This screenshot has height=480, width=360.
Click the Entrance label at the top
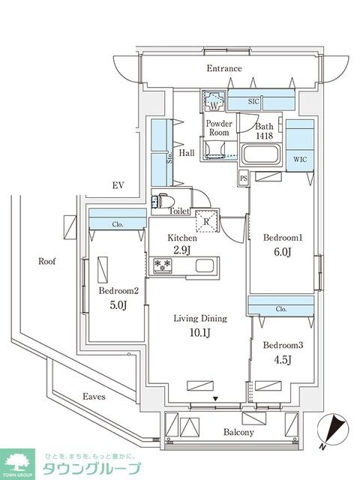pos(224,69)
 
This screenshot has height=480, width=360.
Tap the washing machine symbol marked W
pos(212,101)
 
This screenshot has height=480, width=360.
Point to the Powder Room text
pos(219,127)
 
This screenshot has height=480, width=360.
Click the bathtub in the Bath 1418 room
pos(262,157)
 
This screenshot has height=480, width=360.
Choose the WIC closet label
pos(301,159)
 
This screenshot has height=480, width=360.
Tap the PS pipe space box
pos(244,178)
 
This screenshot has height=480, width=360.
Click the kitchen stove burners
pos(163,265)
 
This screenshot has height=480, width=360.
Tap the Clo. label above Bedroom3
pos(280,308)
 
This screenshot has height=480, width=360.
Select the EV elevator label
pos(117,185)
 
